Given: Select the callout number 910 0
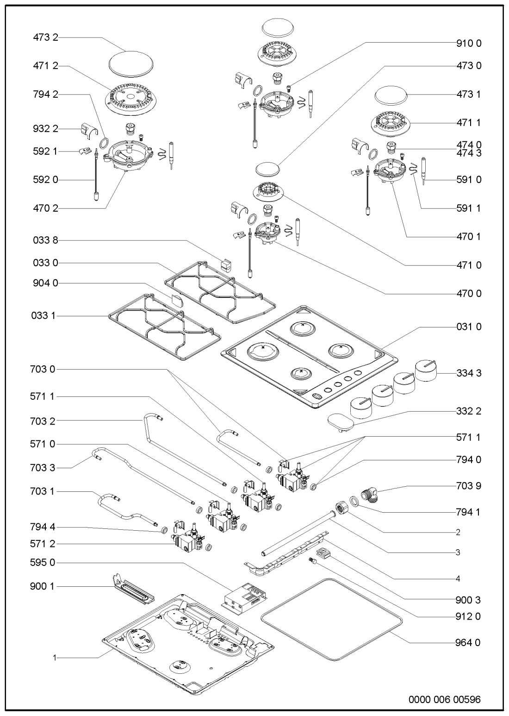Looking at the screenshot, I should click(x=466, y=44).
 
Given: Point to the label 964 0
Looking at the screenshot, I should click(x=466, y=642).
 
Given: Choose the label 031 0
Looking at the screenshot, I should click(x=466, y=327).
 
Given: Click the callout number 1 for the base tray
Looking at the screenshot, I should click(x=55, y=657).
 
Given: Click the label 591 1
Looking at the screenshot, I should click(x=466, y=208).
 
